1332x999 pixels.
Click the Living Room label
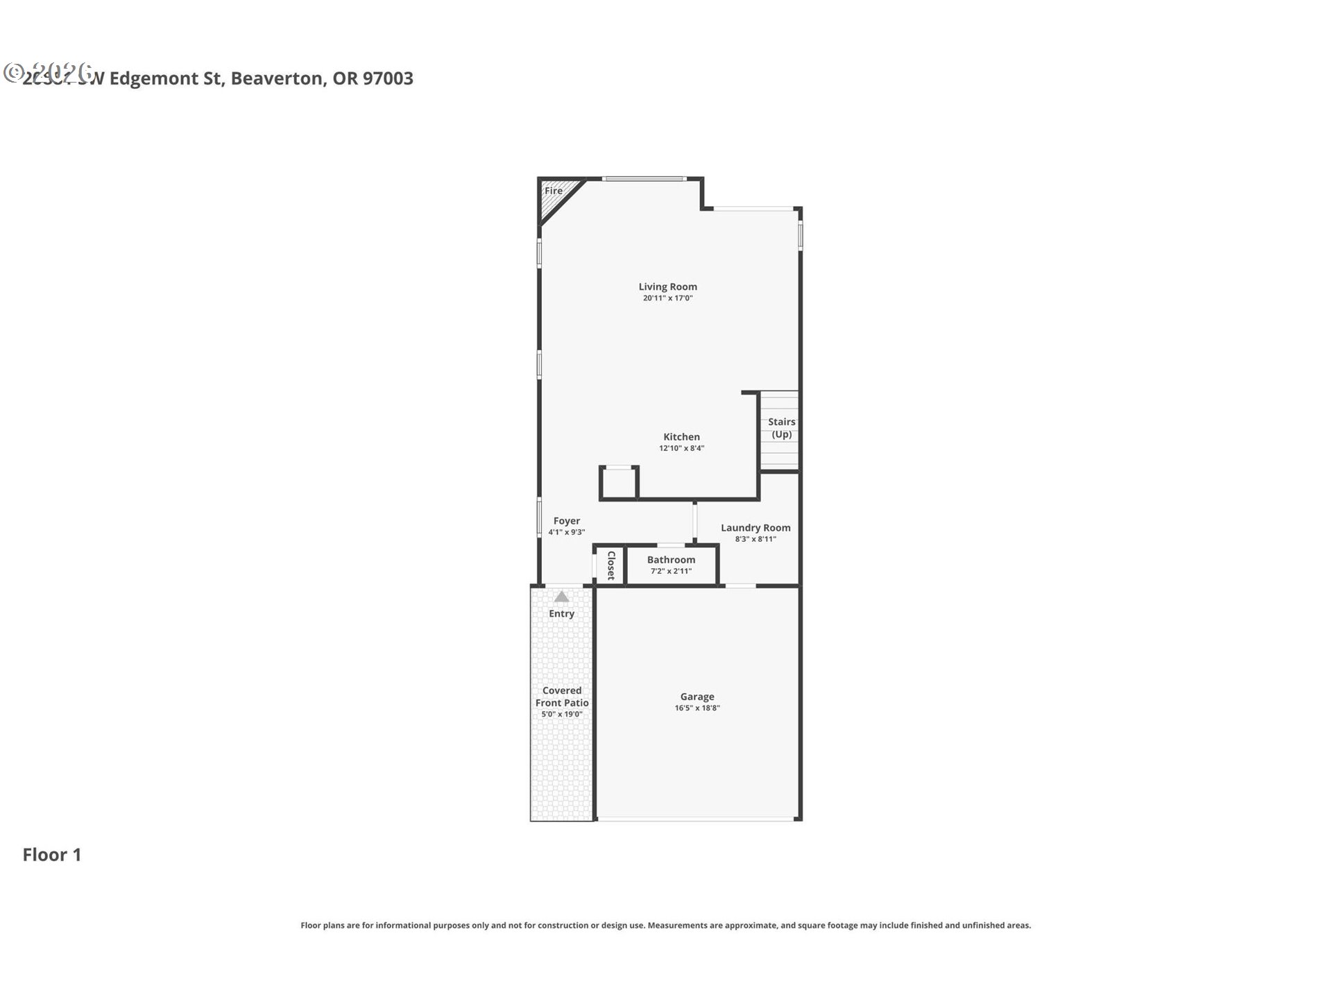(x=667, y=287)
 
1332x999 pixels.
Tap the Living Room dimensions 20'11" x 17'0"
(x=667, y=298)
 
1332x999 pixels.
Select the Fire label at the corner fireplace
(x=554, y=191)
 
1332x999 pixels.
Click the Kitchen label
(x=681, y=436)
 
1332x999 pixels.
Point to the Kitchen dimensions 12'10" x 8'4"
(x=681, y=448)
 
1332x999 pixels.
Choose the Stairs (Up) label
(x=781, y=428)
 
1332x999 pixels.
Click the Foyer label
(x=566, y=521)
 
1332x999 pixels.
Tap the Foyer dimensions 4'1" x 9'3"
(x=566, y=533)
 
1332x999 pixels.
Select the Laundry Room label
(x=755, y=528)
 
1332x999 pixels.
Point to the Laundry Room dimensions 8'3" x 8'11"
(x=755, y=539)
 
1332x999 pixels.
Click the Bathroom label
(x=671, y=560)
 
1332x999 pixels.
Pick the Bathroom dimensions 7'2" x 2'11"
(x=671, y=572)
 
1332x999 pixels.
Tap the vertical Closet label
(x=611, y=565)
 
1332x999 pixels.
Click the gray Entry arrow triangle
(x=561, y=597)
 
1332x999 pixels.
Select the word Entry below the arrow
(x=561, y=614)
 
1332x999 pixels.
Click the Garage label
(x=697, y=697)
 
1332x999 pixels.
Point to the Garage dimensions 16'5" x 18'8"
(x=697, y=708)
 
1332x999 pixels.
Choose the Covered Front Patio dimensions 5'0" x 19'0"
(x=561, y=715)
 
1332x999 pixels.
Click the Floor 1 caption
(x=52, y=855)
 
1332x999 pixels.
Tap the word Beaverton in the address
(x=277, y=78)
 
